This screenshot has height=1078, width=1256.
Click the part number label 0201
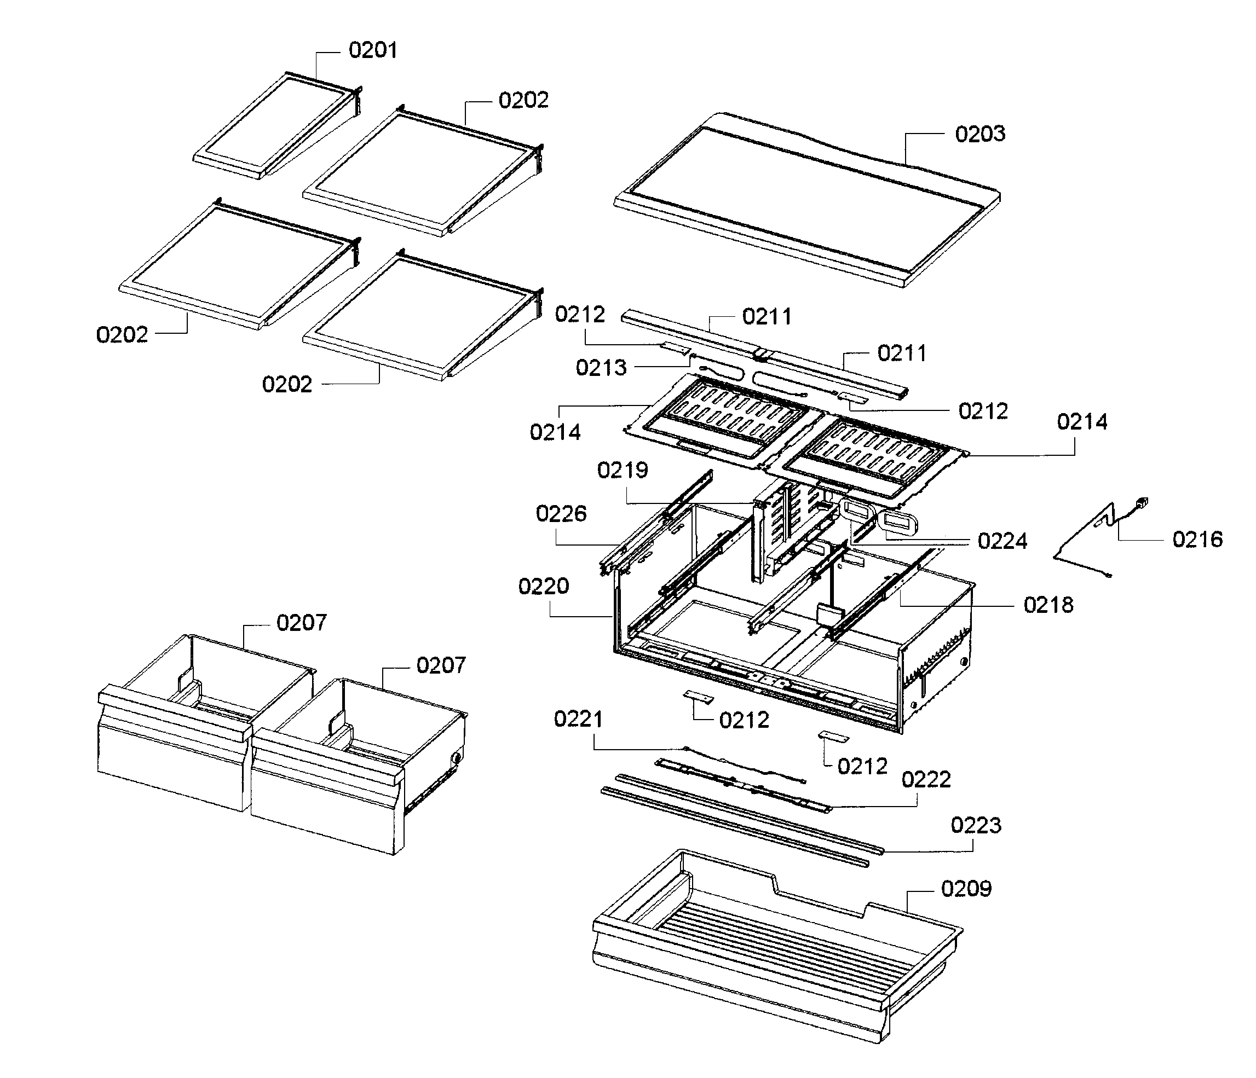[x=373, y=50]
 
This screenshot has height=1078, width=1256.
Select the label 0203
[x=980, y=134]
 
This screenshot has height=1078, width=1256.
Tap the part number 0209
[x=966, y=889]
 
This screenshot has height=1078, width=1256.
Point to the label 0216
[x=1197, y=540]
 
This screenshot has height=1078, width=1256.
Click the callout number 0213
[x=601, y=368]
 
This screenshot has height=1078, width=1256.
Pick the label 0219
[x=622, y=470]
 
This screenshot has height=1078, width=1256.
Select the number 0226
[x=561, y=514]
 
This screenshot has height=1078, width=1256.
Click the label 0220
[x=543, y=587]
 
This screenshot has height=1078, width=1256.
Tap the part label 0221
[x=578, y=719]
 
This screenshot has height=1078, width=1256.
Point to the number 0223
[x=975, y=825]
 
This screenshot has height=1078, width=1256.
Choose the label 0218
[x=1048, y=605]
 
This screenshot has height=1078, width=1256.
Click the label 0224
[x=1002, y=541]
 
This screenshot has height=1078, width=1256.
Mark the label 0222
[x=926, y=779]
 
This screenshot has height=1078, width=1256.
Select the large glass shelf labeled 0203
[x=806, y=200]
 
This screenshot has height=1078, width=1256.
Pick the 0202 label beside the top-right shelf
[x=523, y=101]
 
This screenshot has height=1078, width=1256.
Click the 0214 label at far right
[x=1081, y=422]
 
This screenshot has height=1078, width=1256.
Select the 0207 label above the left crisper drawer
[x=301, y=623]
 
